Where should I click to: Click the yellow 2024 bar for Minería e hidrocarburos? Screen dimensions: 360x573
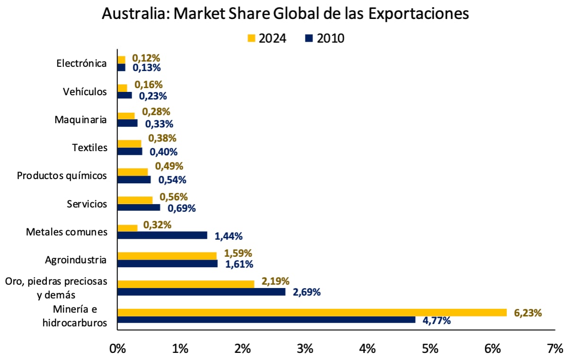(x=312, y=313)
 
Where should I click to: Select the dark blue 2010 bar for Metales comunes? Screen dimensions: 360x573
(x=162, y=235)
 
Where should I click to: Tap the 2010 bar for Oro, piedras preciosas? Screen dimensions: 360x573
(x=201, y=292)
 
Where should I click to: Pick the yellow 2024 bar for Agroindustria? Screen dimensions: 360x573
(x=167, y=256)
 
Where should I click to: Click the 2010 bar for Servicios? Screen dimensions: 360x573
(x=138, y=207)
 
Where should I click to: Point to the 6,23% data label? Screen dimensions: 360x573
(x=528, y=313)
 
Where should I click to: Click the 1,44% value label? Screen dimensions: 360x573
(x=229, y=235)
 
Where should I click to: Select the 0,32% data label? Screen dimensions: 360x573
(x=157, y=225)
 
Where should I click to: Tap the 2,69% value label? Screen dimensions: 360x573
(x=307, y=292)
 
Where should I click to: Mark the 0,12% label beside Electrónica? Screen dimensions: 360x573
(x=146, y=58)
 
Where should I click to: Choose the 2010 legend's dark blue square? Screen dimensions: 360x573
(x=309, y=38)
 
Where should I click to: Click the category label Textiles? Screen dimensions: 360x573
(x=90, y=147)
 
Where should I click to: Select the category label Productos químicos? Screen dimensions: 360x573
(x=62, y=175)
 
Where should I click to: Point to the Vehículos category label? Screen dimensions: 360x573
(x=85, y=91)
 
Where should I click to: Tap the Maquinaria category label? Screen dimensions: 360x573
(x=81, y=119)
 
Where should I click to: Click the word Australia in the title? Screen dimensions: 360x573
(x=135, y=14)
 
